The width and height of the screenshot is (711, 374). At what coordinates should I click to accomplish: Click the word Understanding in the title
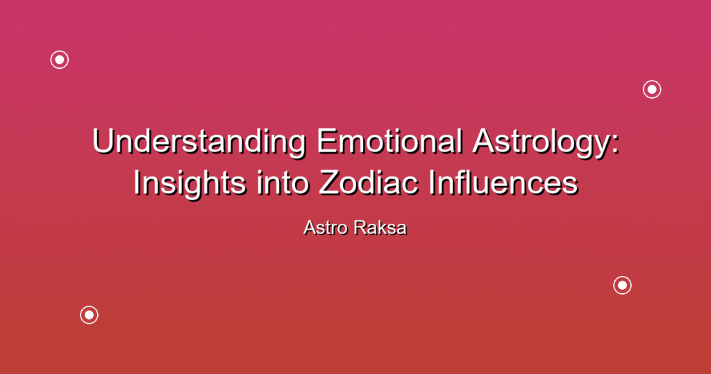199,143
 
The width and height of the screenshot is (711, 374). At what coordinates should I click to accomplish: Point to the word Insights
190,184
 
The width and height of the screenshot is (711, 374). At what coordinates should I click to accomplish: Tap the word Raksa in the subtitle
380,228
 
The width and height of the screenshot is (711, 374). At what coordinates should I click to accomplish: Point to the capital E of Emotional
326,141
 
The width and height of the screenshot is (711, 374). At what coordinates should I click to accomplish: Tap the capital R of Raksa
361,228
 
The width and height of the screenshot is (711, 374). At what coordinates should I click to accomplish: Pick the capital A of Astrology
484,141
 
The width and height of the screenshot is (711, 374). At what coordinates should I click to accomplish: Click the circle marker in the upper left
60,51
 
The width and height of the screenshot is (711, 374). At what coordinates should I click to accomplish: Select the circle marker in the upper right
652,81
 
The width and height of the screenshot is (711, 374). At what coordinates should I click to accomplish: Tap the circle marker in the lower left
90,306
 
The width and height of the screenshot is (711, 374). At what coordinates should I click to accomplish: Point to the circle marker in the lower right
623,277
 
